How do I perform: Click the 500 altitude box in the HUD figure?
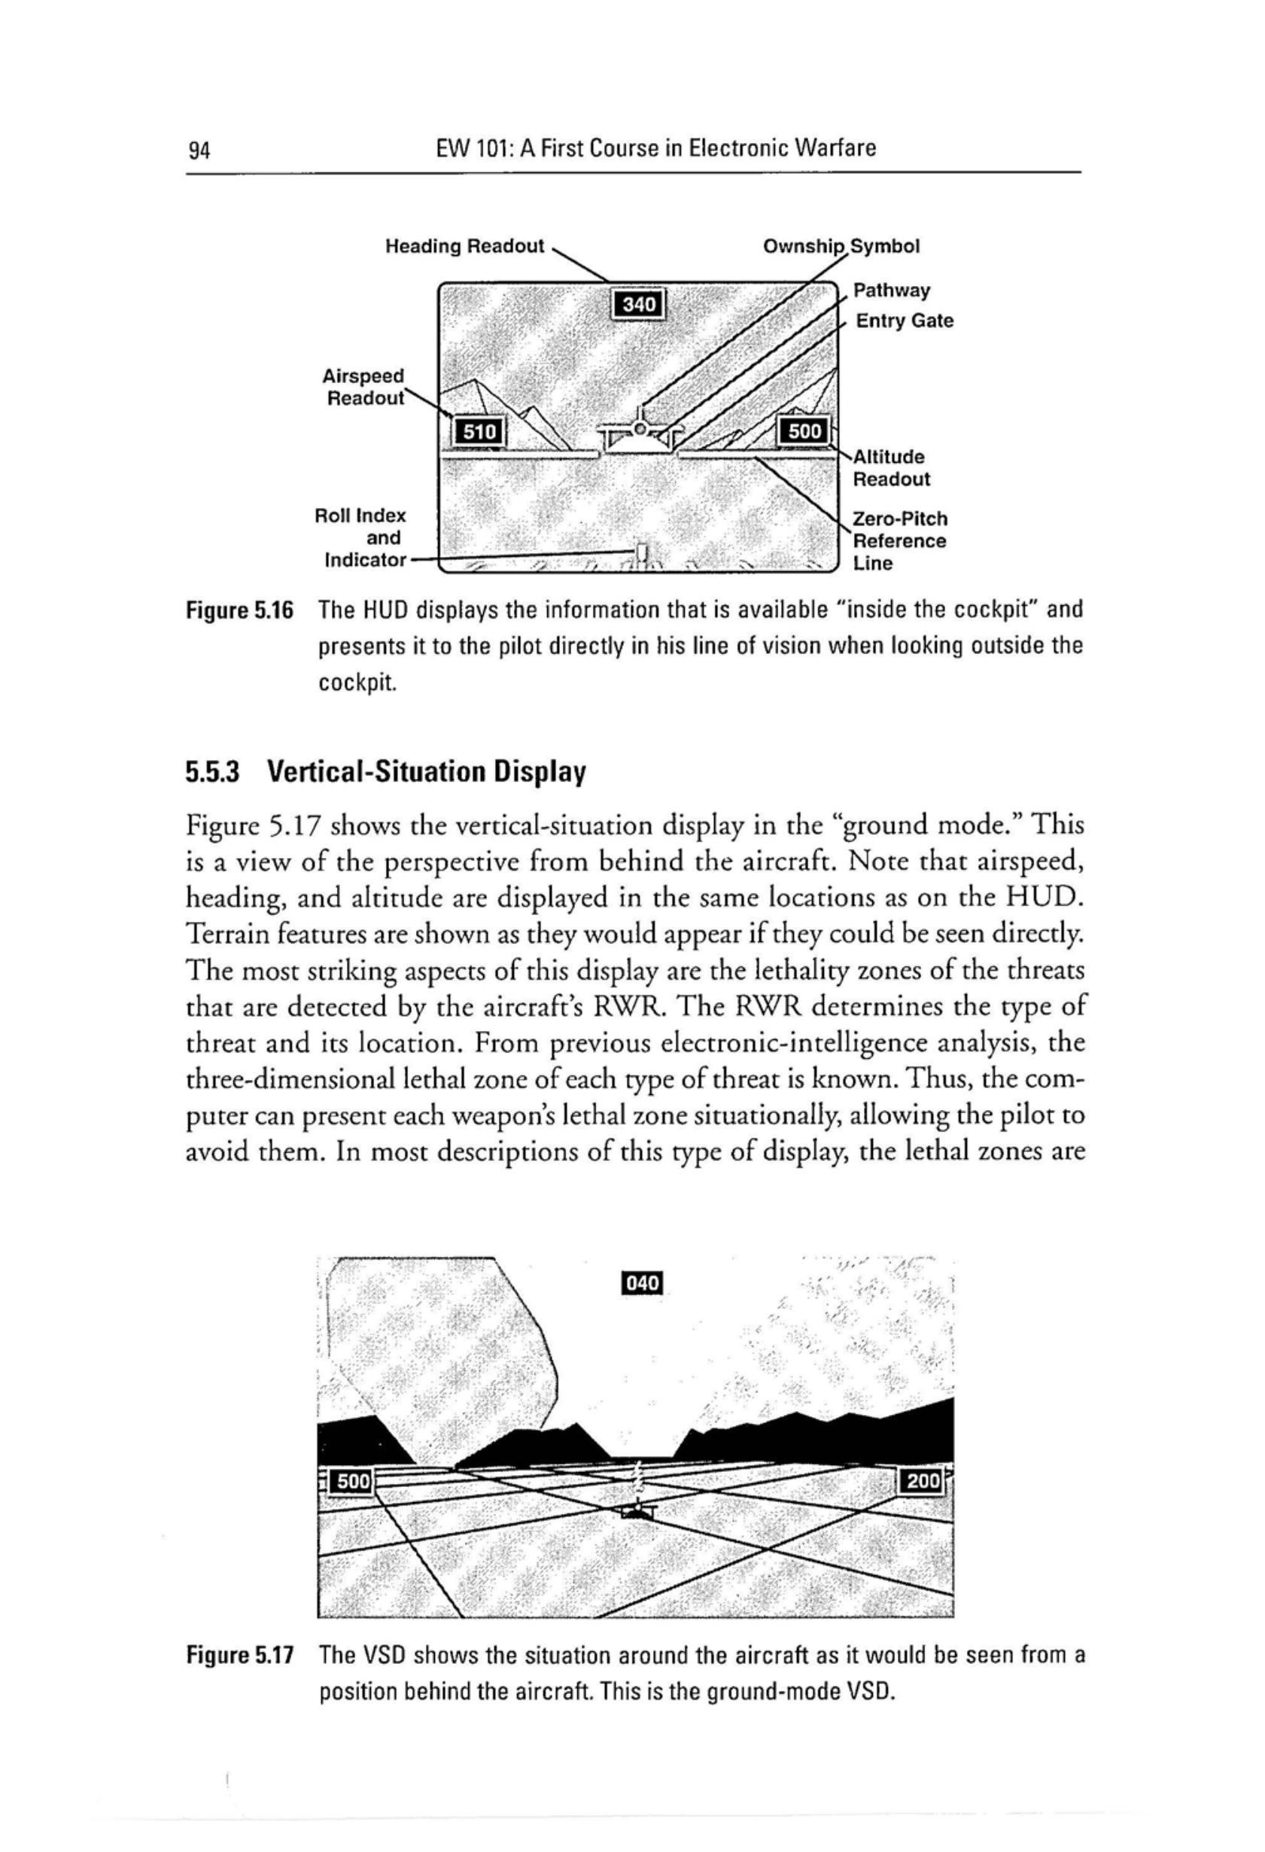pos(804,431)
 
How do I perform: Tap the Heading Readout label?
pos(465,246)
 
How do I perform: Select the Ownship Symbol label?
pos(841,246)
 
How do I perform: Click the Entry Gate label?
pos(904,321)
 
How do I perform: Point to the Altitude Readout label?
pos(889,468)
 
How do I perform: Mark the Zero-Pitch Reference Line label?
pos(900,541)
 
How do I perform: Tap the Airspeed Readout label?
pos(363,387)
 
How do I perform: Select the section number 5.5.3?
pos(213,771)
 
